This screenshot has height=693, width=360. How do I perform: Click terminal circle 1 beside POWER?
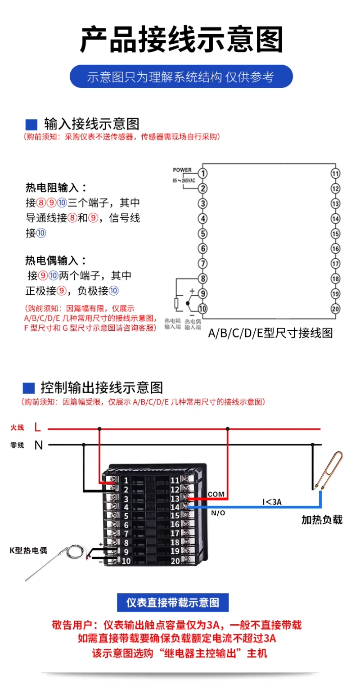(203, 173)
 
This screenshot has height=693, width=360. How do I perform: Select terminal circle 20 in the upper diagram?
(335, 309)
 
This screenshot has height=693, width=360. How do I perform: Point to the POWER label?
(182, 170)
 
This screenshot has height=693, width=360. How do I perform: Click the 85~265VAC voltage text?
(184, 180)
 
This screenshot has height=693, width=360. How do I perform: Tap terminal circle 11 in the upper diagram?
(335, 173)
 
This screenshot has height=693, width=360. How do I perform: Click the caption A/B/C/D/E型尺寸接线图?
(270, 333)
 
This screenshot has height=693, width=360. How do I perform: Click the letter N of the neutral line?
(39, 445)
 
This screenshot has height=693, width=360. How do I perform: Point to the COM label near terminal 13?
(216, 494)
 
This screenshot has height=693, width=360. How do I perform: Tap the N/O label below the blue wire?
(218, 513)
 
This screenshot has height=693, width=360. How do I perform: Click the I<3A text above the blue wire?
(272, 502)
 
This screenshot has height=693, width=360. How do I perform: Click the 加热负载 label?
(322, 520)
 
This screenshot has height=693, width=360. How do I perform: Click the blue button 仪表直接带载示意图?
(173, 603)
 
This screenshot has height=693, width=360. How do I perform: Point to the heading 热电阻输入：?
(56, 187)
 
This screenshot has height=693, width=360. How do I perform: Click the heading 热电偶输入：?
(56, 260)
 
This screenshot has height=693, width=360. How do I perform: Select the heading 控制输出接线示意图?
(101, 387)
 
